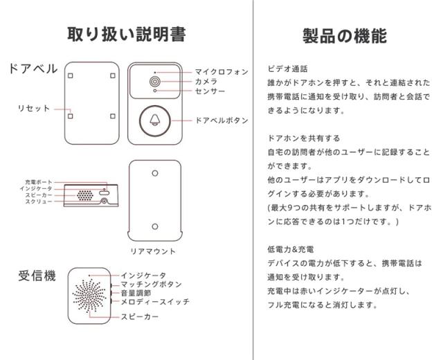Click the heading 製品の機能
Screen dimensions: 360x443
(x=345, y=35)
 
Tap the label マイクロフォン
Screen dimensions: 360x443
(x=221, y=71)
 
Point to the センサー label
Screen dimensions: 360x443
(x=209, y=91)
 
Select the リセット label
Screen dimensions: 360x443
(x=33, y=108)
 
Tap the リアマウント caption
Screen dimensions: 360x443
(x=153, y=251)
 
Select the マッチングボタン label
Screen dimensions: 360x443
(x=151, y=284)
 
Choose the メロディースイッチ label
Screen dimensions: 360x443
(x=154, y=302)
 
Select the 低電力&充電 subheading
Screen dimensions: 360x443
(x=290, y=249)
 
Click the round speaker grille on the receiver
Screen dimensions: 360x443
(x=89, y=294)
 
